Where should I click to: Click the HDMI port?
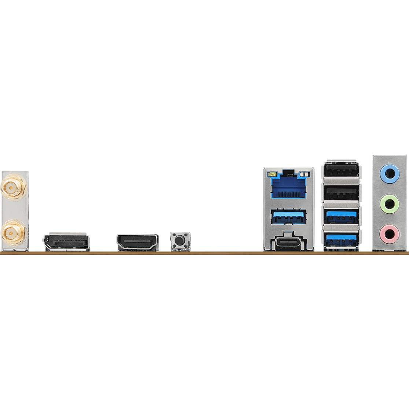137,242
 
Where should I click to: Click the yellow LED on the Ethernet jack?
272,173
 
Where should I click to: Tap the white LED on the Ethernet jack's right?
305,173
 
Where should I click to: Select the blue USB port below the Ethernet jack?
289,217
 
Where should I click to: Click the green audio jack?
389,203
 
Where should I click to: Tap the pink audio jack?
389,232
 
